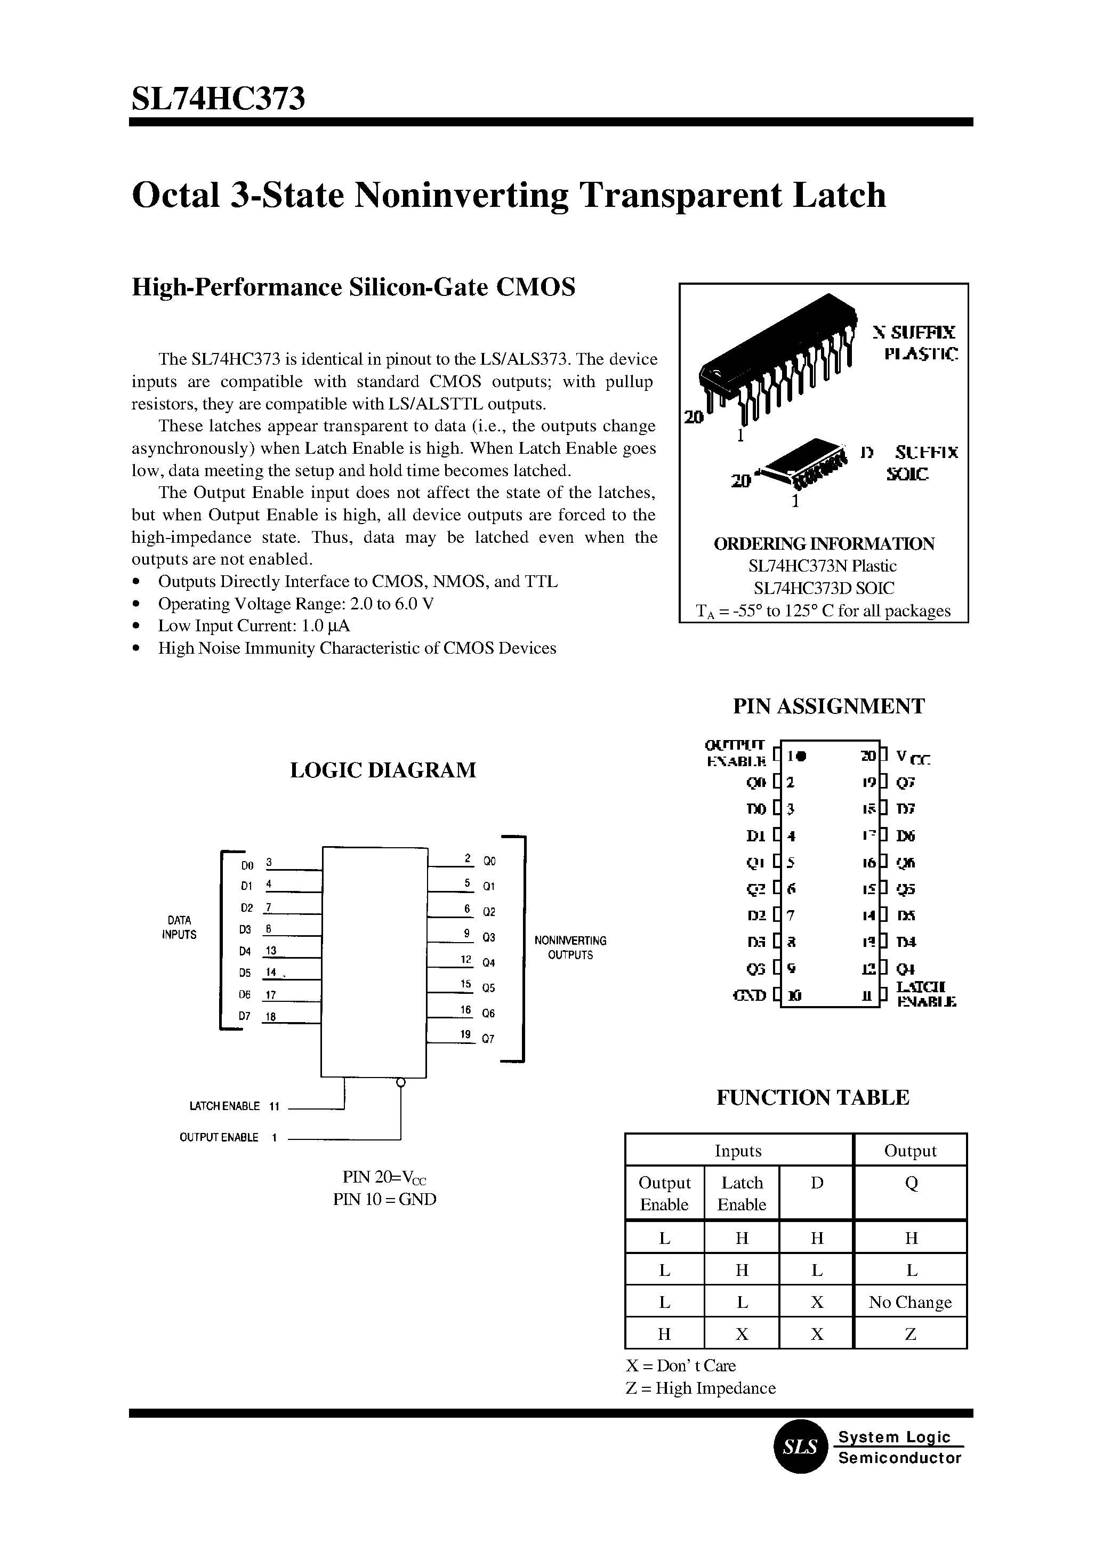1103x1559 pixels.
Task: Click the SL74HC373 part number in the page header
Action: [x=218, y=99]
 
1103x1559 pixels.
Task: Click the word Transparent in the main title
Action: [x=679, y=196]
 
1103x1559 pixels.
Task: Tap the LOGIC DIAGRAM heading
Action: [x=383, y=770]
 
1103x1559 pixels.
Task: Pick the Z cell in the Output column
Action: [x=910, y=1334]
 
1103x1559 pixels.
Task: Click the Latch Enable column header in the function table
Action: [x=742, y=1194]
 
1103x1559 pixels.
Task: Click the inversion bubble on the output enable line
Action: [x=401, y=1082]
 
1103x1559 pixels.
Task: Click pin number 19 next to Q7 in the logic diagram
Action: [x=465, y=1034]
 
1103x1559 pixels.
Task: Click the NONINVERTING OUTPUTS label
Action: [x=570, y=947]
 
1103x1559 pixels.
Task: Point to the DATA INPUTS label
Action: [x=179, y=927]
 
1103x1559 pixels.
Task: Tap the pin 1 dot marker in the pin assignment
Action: [x=802, y=756]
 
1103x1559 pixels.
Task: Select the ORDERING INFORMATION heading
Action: [x=824, y=544]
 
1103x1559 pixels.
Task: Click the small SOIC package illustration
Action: [x=805, y=469]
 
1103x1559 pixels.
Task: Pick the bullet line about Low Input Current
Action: [x=254, y=625]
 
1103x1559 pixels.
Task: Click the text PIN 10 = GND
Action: [x=384, y=1200]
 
